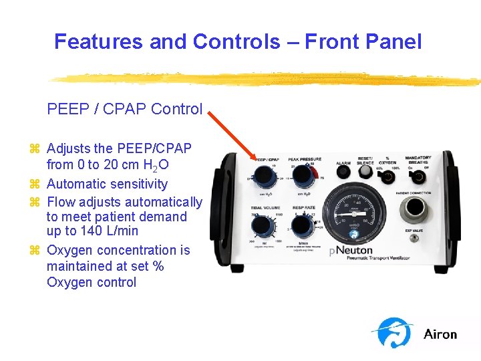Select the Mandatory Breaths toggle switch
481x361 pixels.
[x=418, y=176]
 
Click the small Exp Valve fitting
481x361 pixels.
[x=414, y=239]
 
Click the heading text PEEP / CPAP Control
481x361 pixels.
[x=124, y=109]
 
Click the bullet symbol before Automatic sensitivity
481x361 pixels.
[x=36, y=184]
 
